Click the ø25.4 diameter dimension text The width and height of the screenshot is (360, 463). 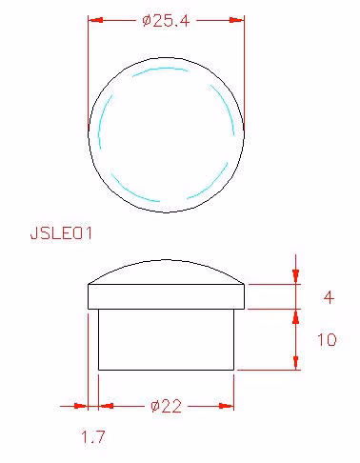coord(166,21)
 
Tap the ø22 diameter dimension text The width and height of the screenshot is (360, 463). coord(167,406)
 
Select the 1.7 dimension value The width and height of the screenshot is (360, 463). coord(93,436)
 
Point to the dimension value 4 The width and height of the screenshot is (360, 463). coord(329,297)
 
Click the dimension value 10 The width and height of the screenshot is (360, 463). coord(327,339)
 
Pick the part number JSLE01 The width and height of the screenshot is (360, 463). coord(61,233)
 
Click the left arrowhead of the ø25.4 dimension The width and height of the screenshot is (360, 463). coord(96,20)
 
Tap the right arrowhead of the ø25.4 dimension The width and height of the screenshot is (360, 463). coord(236,20)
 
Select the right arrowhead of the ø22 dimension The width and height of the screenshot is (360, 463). coord(226,406)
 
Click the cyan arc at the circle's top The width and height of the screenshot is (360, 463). coord(160,69)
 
